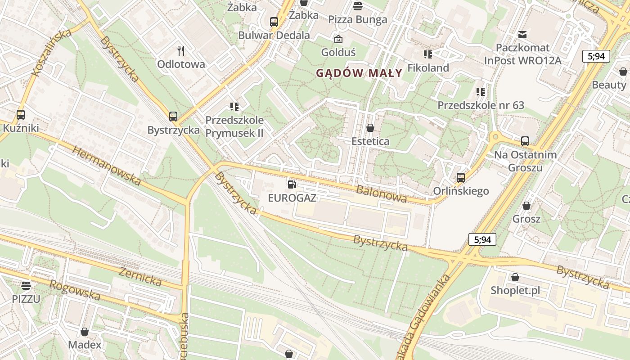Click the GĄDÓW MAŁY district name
click(x=359, y=73)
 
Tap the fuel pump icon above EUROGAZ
click(x=292, y=184)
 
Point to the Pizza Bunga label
click(x=358, y=19)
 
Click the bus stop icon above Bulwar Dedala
click(x=274, y=22)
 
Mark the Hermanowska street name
click(x=106, y=166)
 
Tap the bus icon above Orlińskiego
click(x=460, y=177)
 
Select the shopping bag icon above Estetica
click(x=370, y=128)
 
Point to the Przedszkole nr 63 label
click(x=481, y=105)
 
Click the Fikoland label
click(x=428, y=68)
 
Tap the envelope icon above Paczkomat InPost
click(x=522, y=34)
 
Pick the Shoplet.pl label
click(x=515, y=290)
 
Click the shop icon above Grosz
click(x=526, y=206)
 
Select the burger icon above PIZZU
click(x=26, y=285)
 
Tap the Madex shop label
click(x=85, y=345)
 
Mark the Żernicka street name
click(x=140, y=276)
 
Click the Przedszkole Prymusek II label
click(x=234, y=127)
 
